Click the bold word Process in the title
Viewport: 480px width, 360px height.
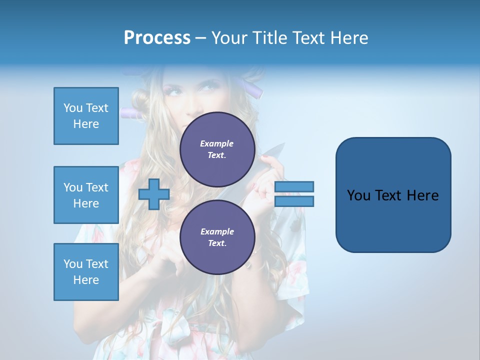[x=157, y=37]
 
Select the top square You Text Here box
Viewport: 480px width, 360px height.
[x=86, y=116]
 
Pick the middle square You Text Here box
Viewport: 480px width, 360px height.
[x=86, y=195]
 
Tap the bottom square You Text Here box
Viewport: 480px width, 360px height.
[x=86, y=272]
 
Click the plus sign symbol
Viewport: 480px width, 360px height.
[x=154, y=194]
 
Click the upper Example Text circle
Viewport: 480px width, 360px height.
[x=217, y=149]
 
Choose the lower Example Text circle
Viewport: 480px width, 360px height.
[x=217, y=237]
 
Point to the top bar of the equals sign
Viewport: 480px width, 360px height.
[x=294, y=186]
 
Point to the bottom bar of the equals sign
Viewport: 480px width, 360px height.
[x=294, y=201]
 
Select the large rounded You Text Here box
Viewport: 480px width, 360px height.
[x=393, y=195]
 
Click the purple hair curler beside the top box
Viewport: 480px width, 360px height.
[x=131, y=113]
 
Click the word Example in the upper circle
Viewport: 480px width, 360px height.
[x=217, y=143]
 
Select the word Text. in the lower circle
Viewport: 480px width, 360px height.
[x=217, y=243]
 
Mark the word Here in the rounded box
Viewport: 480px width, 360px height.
[x=422, y=195]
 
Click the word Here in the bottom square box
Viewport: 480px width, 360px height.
[x=86, y=280]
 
